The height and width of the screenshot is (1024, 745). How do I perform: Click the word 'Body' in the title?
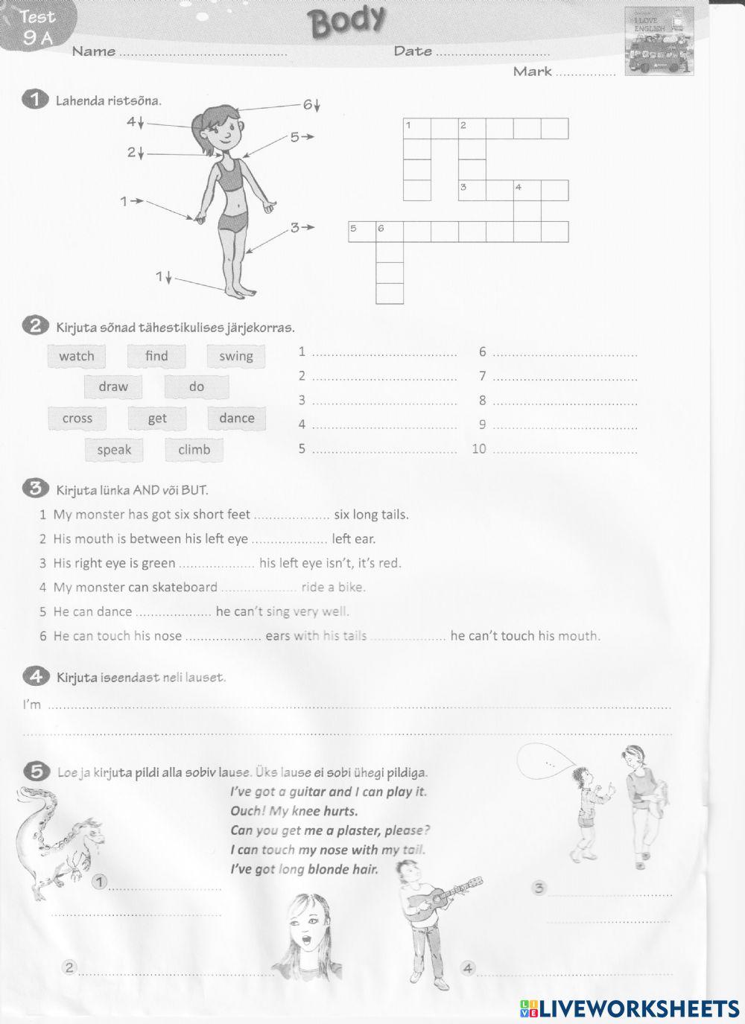[x=348, y=21]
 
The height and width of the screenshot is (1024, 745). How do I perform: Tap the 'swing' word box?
[x=236, y=356]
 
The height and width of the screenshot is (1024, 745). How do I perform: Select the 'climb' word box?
[x=194, y=450]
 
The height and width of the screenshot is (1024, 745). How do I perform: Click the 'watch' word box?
[x=77, y=356]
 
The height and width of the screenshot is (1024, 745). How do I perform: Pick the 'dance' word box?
[x=237, y=419]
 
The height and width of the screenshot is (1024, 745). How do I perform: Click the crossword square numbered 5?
[x=362, y=232]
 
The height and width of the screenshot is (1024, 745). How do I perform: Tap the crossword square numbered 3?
[x=472, y=191]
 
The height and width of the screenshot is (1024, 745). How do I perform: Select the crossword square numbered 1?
[x=416, y=129]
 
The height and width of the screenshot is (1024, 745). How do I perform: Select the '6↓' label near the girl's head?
[x=311, y=105]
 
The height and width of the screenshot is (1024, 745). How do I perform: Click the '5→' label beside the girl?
[x=302, y=137]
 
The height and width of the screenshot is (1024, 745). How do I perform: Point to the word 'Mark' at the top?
[x=532, y=71]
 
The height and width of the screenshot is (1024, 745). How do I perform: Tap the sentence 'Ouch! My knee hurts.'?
[x=294, y=811]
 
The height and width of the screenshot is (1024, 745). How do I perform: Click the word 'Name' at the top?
[x=94, y=51]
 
